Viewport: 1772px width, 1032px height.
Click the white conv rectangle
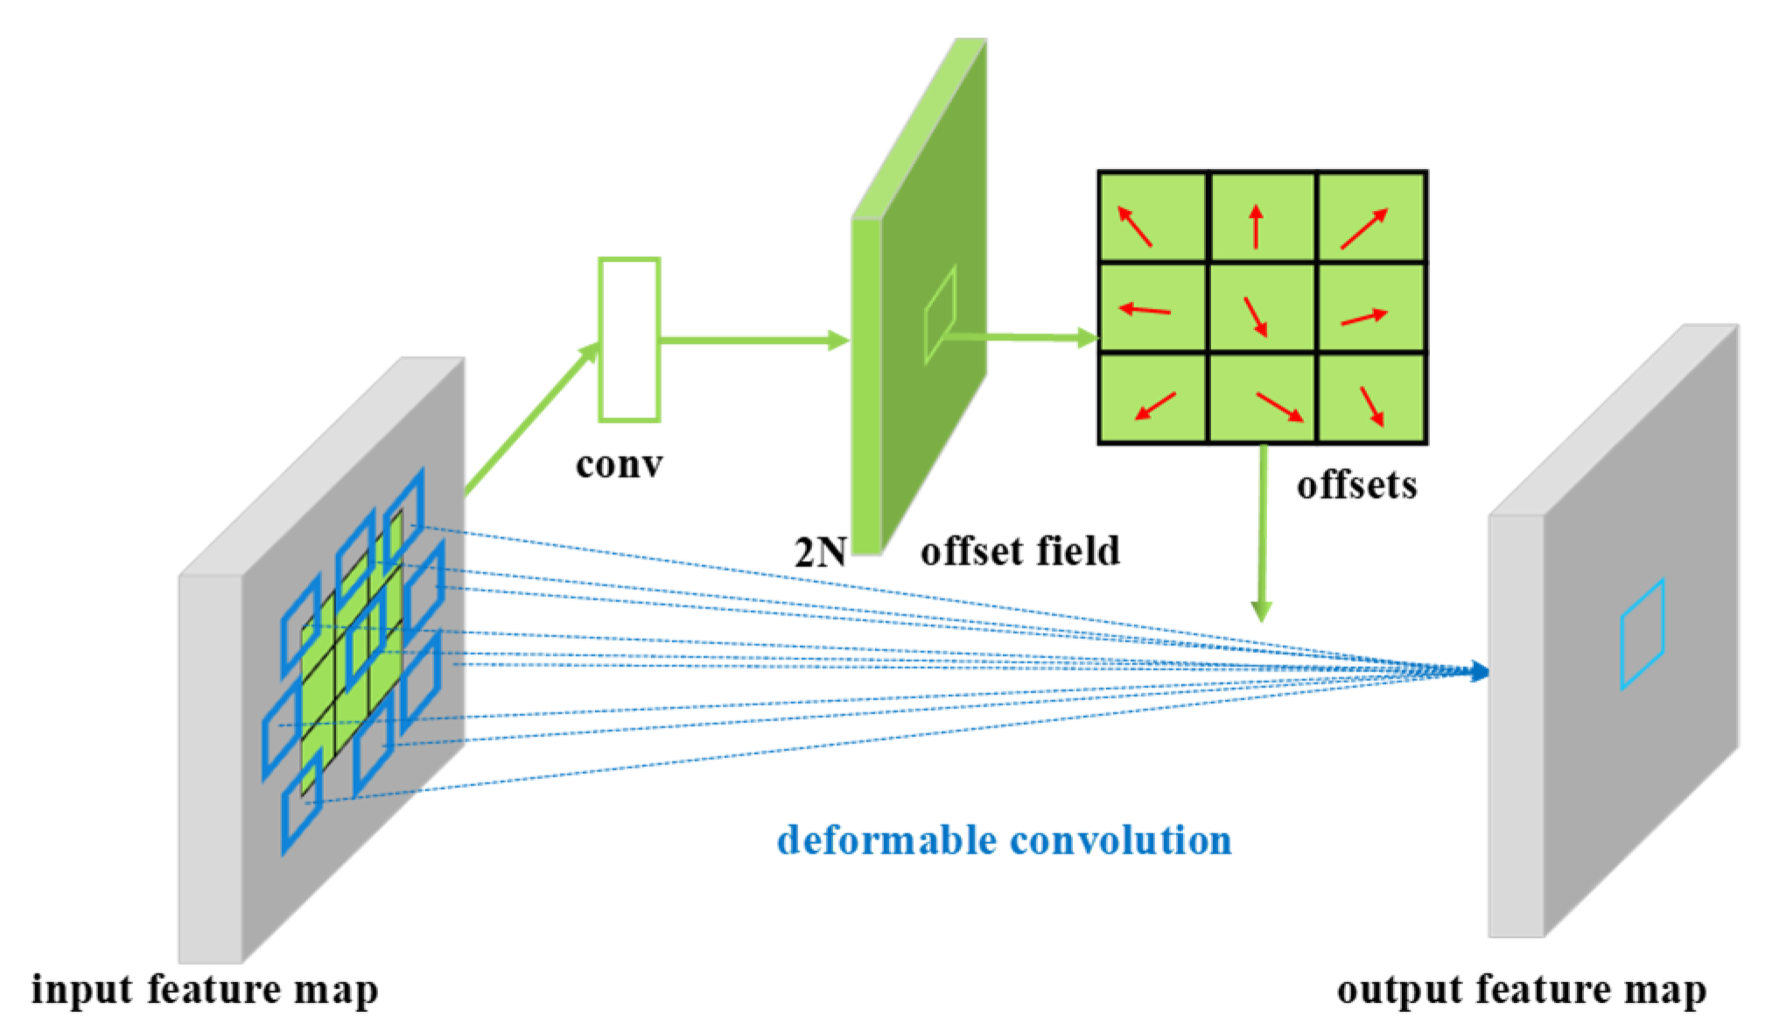pyautogui.click(x=628, y=340)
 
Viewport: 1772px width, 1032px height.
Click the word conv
pyautogui.click(x=619, y=465)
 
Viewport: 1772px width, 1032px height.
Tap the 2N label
pyautogui.click(x=819, y=552)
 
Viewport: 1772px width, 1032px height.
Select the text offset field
pyautogui.click(x=1019, y=551)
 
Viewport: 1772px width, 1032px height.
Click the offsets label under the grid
pyautogui.click(x=1355, y=485)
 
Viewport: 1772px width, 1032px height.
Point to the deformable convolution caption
pyautogui.click(x=1004, y=839)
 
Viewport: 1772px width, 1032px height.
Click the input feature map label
pyautogui.click(x=205, y=990)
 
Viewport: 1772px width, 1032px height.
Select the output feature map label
pyautogui.click(x=1521, y=990)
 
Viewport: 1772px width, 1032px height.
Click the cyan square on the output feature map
pyautogui.click(x=1641, y=634)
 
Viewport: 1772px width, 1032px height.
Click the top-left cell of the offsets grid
pyautogui.click(x=1152, y=216)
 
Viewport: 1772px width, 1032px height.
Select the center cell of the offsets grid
pyautogui.click(x=1262, y=308)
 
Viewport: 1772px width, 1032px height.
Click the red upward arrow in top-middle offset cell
pyautogui.click(x=1256, y=226)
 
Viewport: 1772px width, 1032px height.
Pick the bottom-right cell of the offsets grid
pyautogui.click(x=1371, y=398)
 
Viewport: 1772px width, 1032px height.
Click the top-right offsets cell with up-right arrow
pyautogui.click(x=1371, y=216)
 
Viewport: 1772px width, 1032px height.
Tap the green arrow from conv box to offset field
pyautogui.click(x=753, y=340)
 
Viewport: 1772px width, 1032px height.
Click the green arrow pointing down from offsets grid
pyautogui.click(x=1262, y=534)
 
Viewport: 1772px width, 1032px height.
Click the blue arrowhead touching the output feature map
pyautogui.click(x=1479, y=671)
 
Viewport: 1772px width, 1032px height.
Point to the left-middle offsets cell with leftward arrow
pyautogui.click(x=1152, y=308)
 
